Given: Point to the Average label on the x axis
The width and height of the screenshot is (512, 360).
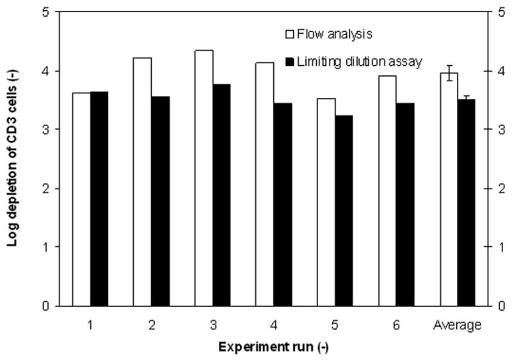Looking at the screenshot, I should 457,325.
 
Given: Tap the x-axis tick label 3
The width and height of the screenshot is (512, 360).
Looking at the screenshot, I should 212,325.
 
